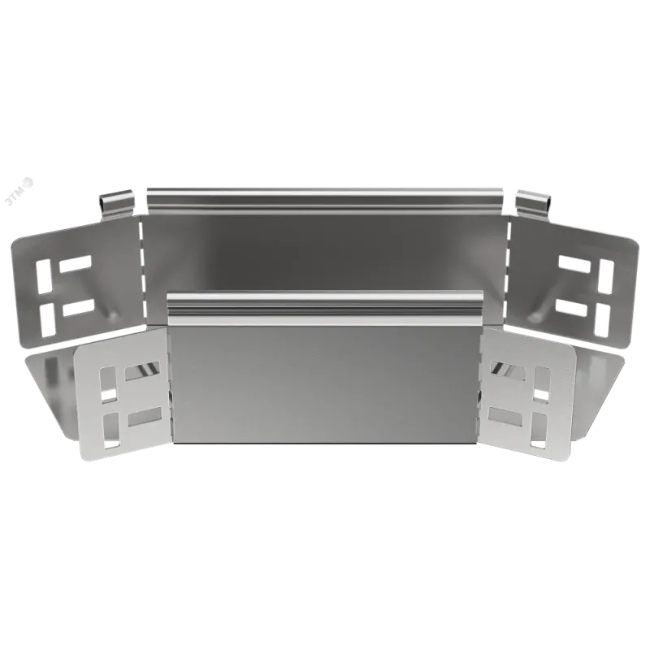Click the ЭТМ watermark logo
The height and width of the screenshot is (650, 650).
click(19, 191)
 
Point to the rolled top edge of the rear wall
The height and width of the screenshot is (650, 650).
click(327, 200)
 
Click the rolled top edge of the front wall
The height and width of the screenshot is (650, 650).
click(326, 309)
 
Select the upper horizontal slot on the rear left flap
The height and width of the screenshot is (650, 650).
click(75, 263)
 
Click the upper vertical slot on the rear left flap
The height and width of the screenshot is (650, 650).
click(43, 276)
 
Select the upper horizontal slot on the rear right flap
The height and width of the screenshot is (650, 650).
click(575, 265)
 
